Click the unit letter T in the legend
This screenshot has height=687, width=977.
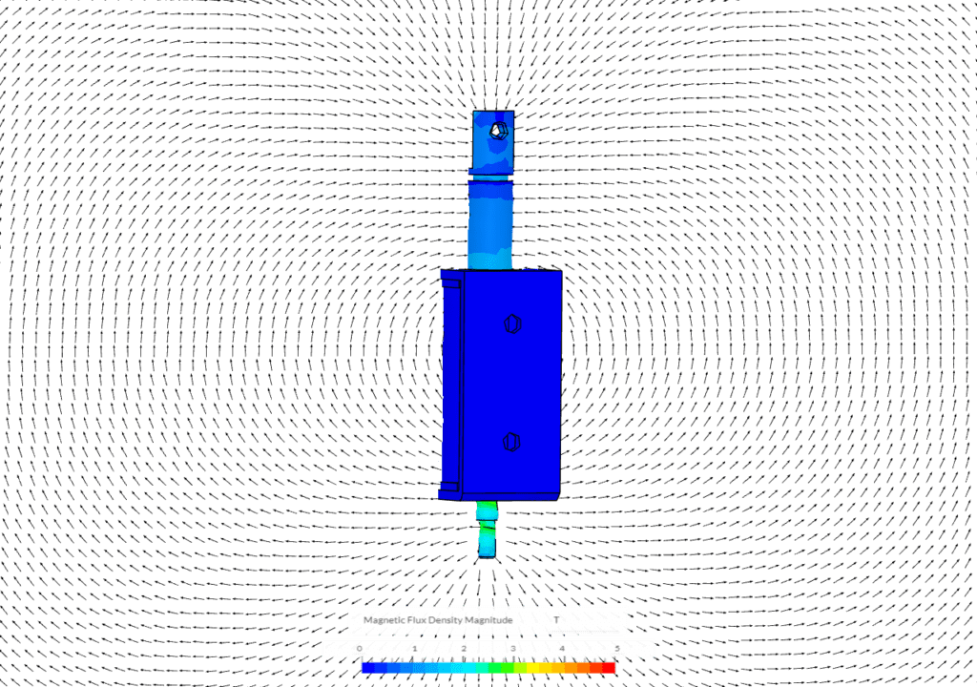(556, 620)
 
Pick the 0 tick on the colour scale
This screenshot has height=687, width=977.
(360, 649)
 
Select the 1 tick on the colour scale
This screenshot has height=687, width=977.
(414, 649)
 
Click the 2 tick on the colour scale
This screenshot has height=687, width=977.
(464, 649)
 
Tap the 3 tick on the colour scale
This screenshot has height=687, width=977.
(513, 649)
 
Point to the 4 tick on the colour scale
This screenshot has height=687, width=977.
(562, 649)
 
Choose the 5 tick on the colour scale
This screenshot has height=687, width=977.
(616, 649)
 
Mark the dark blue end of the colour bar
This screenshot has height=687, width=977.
(368, 668)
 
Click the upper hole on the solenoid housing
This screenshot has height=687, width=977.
(512, 324)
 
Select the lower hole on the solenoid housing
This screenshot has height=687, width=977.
(512, 442)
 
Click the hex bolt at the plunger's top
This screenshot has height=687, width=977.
(498, 130)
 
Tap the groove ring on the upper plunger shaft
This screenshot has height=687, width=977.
(490, 176)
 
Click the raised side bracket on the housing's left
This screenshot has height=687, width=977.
(450, 382)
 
